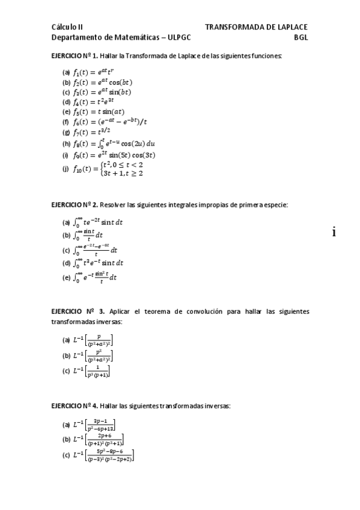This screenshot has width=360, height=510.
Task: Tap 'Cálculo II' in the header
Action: (67, 27)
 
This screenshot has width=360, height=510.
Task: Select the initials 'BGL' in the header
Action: (301, 37)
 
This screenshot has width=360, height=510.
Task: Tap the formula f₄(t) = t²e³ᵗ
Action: (100, 102)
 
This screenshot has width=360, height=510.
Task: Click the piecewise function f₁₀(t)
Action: (108, 169)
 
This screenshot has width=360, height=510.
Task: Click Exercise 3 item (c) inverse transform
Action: (91, 371)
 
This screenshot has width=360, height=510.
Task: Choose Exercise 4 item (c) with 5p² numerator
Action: (103, 456)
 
